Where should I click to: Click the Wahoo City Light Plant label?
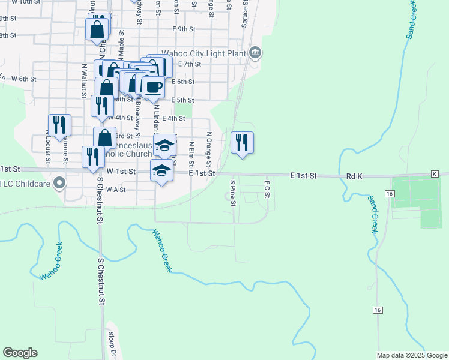[211, 53]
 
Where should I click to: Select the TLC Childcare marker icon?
[59, 183]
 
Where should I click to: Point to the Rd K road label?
[355, 176]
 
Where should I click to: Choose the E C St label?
[268, 188]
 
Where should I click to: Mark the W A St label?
[115, 189]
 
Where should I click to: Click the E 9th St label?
[183, 29]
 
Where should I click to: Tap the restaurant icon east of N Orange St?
[242, 143]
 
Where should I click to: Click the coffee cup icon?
[152, 87]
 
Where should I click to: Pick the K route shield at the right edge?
[435, 173]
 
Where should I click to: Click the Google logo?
[20, 353]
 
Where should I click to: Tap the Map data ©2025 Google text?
[411, 355]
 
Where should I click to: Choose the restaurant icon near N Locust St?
[59, 125]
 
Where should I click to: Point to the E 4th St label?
[173, 119]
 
